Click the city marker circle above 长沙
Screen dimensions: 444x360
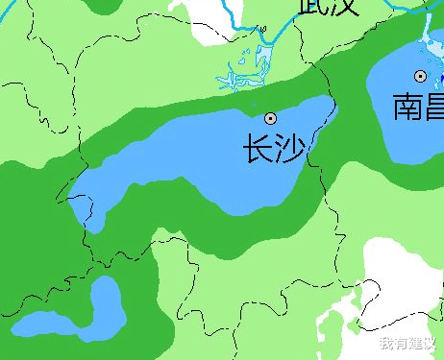point(271,118)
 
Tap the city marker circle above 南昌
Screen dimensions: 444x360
point(420,75)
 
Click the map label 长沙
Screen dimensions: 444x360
point(273,149)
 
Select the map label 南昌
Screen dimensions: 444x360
point(419,106)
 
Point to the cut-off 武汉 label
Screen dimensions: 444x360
point(328,6)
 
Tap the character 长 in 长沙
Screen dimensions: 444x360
point(258,149)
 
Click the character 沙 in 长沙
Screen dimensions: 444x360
point(289,149)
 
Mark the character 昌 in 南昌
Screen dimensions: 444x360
point(433,106)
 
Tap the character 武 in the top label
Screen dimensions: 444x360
point(312,6)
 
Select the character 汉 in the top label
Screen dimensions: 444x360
point(343,6)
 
